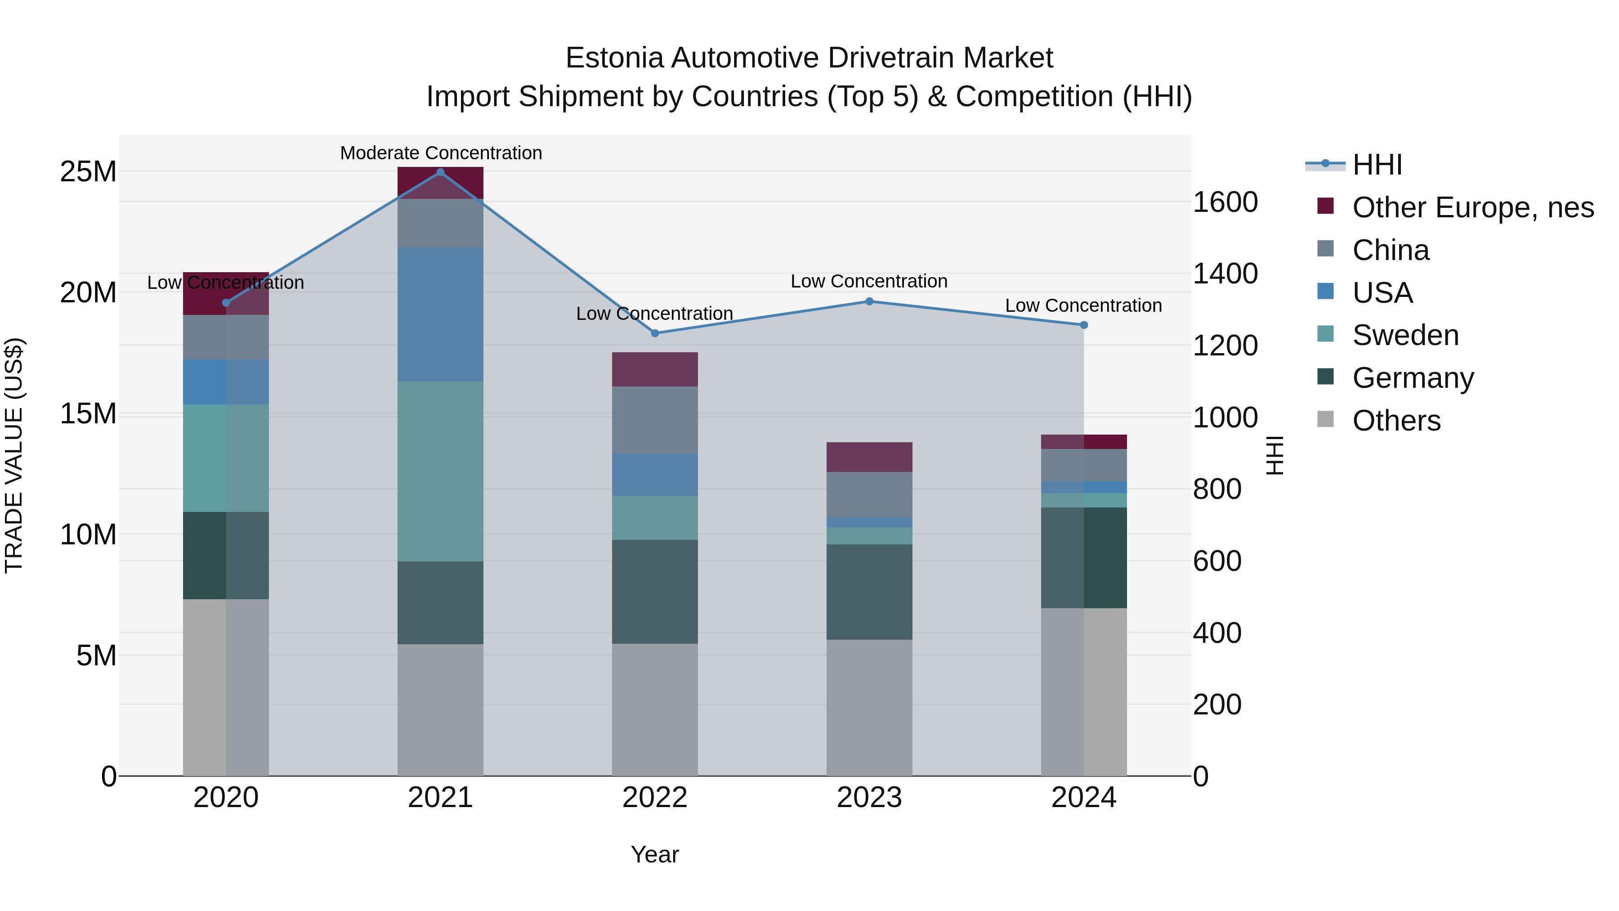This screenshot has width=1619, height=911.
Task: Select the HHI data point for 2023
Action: click(x=869, y=301)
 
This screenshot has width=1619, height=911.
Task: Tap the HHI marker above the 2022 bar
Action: click(x=655, y=333)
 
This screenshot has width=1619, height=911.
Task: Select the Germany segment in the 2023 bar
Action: click(x=869, y=592)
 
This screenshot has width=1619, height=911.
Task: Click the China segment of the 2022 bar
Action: click(x=655, y=420)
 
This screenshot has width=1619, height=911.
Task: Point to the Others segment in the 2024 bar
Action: click(x=1083, y=691)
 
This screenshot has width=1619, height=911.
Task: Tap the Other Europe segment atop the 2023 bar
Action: click(x=869, y=457)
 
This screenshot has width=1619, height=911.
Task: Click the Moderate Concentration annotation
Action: click(x=441, y=153)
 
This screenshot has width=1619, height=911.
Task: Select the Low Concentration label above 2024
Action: click(x=1083, y=305)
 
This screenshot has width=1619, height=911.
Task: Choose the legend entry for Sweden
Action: click(x=1405, y=335)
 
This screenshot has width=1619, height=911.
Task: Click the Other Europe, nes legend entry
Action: click(x=1472, y=207)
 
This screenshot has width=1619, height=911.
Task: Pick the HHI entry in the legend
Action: click(x=1377, y=165)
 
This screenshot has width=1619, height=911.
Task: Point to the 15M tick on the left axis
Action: click(x=88, y=414)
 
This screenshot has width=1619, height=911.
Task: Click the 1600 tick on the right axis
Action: click(x=1225, y=202)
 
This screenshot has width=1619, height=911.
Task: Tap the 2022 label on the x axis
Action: click(x=655, y=798)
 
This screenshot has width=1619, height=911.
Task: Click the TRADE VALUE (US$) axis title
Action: click(x=14, y=455)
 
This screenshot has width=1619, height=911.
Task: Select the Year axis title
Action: click(x=655, y=854)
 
